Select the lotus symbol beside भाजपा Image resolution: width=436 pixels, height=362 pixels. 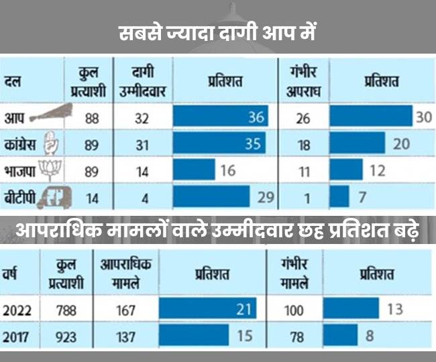[48, 170]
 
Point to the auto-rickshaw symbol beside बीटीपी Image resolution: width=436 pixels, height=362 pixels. [52, 198]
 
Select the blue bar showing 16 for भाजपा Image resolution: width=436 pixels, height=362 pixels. [194, 170]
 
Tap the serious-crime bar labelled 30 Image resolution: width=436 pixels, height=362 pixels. [372, 117]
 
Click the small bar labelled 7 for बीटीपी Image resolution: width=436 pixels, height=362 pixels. [341, 198]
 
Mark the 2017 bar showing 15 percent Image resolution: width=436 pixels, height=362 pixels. [195, 336]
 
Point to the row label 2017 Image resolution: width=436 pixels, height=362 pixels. [18, 336]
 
